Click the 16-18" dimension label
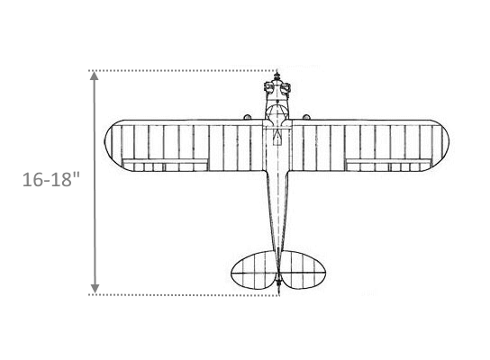coord(51,180)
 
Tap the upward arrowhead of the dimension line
coord(95,76)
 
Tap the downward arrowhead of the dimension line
coord(95,289)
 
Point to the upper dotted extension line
coord(183,71)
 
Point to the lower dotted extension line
coord(184,294)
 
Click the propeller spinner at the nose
coord(277,76)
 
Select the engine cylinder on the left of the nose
coord(268,86)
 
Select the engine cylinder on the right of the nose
coord(286,87)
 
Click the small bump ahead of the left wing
coord(247,117)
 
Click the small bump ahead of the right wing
coord(306,117)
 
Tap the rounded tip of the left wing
coord(109,146)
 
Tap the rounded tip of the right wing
coord(444,146)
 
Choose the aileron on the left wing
coord(166,165)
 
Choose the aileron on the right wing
coord(389,165)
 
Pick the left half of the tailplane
coord(254,270)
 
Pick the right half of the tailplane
coord(304,270)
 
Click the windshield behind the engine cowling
coord(277,112)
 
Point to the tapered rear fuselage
coord(277,212)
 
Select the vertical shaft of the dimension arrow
coord(95,183)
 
